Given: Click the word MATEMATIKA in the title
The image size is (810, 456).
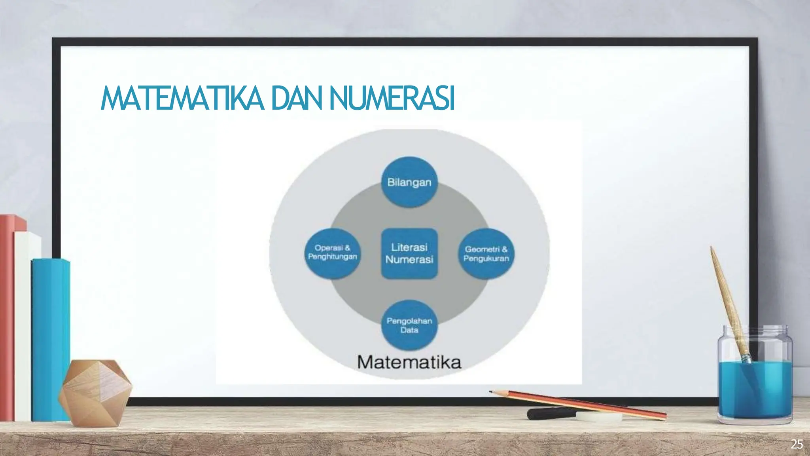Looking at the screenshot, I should tap(182, 98).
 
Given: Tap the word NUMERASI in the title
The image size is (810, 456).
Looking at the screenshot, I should tap(392, 98).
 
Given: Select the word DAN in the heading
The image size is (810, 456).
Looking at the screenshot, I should tap(297, 98).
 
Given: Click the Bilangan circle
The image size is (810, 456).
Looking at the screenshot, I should tap(409, 182).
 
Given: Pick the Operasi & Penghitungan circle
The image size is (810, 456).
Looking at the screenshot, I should tap(332, 253).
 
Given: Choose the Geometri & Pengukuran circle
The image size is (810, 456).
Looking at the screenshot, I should tap(486, 254).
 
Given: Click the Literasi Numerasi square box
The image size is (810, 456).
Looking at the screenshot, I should tap(409, 253).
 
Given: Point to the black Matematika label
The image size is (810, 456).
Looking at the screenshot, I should tap(409, 362).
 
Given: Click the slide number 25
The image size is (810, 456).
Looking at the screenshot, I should tap(797, 445).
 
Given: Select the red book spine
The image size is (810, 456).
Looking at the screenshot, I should tap(7, 317).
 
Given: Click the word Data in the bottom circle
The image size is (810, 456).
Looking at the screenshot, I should tap(409, 330).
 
